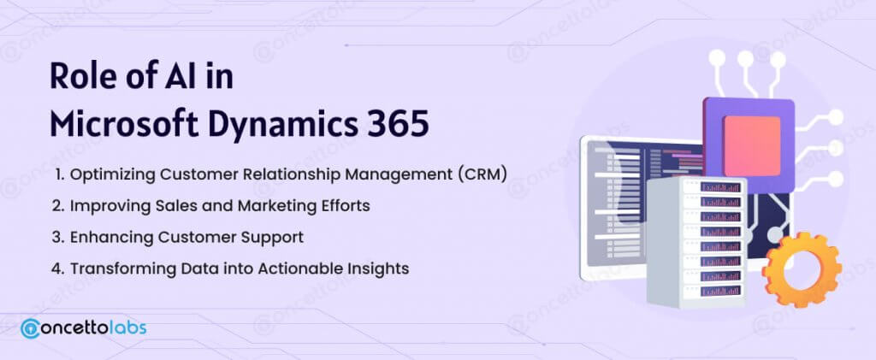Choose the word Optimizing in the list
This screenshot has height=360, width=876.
113,174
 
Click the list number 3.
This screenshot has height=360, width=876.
56,237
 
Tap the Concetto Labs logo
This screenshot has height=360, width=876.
83,328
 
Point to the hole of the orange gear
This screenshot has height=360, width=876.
802,270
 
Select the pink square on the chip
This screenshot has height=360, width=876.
752,145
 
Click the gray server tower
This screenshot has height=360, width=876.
696,242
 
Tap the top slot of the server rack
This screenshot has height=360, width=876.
720,187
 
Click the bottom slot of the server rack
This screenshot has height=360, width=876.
720,290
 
